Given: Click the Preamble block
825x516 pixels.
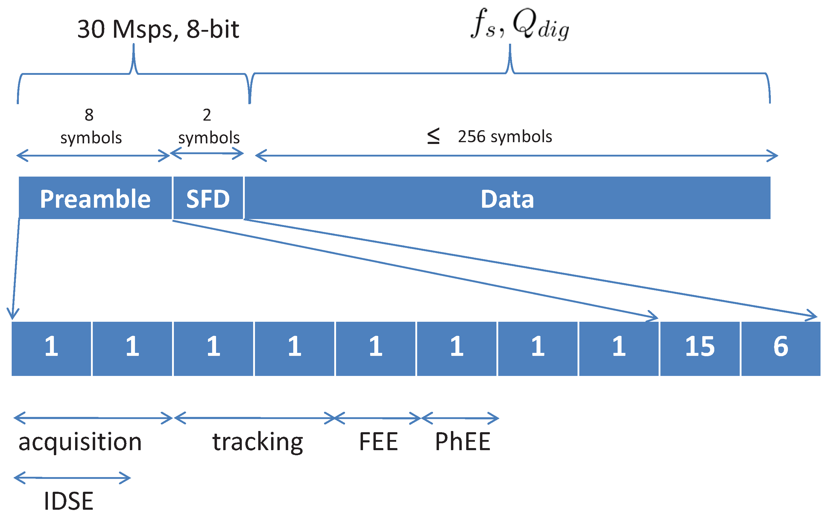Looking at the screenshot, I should pos(95,198).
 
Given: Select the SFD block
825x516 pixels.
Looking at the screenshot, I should pos(208,198).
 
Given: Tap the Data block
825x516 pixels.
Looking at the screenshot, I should pos(507,198).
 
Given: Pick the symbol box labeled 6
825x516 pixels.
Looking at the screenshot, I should pos(781,348).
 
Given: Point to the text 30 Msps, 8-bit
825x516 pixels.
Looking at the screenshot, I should pos(158,29).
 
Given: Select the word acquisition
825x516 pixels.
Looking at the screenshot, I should pos(80,442).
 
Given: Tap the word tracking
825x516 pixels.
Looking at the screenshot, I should pos(258,442).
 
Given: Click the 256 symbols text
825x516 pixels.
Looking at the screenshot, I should pos(504,136).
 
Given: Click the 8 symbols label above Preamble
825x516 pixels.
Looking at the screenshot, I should pos(90,126).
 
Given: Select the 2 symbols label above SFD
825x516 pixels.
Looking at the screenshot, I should pos(209,126).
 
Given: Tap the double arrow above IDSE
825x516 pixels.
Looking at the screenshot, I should pos(72,478).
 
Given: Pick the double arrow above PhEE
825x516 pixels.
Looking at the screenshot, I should pos(460,418).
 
